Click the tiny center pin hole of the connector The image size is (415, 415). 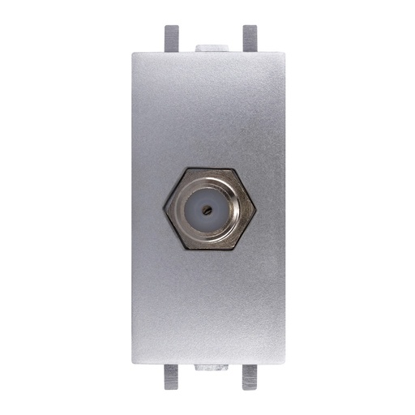click(209, 208)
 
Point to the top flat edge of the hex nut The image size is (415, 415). click(209, 169)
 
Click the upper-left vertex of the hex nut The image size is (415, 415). click(186, 170)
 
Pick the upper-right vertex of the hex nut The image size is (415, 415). click(233, 170)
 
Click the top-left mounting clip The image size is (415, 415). click(171, 38)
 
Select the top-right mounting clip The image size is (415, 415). click(249, 38)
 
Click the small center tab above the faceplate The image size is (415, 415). click(209, 48)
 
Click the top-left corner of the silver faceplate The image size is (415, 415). click(133, 53)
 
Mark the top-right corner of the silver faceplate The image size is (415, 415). click(285, 53)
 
